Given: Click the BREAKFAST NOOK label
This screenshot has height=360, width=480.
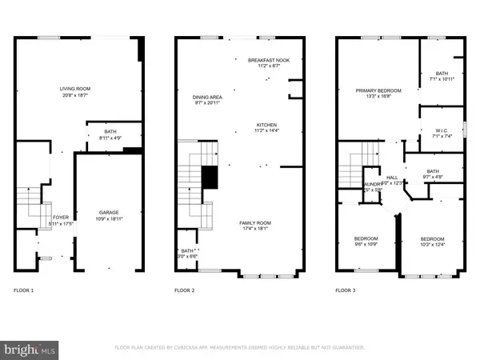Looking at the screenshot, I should click(265, 60).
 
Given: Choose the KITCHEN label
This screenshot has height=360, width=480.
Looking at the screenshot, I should click(266, 125).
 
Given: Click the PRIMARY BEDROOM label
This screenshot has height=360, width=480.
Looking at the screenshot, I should click(378, 90).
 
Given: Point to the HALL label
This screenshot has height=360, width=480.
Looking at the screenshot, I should click(392, 178).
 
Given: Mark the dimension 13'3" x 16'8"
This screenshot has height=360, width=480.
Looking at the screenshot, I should click(378, 97).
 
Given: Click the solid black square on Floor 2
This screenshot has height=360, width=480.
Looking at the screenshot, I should click(210, 178).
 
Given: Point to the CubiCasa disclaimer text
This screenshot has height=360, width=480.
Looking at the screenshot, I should click(240, 348).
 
